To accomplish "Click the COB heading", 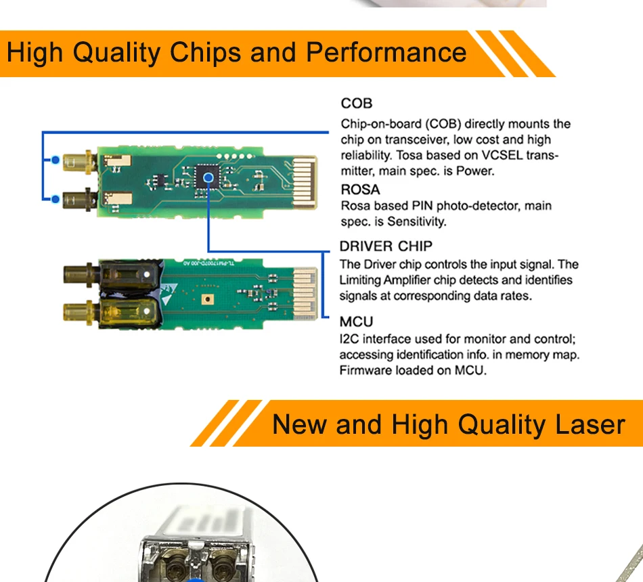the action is (356, 104).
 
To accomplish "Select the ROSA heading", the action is (361, 189).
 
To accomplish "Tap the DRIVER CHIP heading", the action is (386, 246).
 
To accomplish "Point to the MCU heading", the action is (356, 321).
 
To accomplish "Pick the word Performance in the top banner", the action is (386, 52).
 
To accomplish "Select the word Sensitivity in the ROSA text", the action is (416, 221).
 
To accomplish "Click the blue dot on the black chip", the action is (208, 177).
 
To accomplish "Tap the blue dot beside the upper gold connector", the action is (56, 160).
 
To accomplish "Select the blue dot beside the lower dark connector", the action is (56, 200).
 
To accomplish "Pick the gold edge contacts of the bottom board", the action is (305, 293).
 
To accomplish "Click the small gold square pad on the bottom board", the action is (208, 299).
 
